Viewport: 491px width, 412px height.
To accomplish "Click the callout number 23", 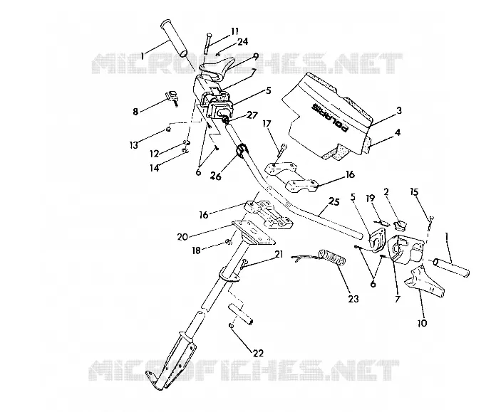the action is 353,299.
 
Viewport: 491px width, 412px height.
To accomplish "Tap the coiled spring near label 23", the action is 332,257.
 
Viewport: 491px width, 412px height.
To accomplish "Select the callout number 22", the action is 258,353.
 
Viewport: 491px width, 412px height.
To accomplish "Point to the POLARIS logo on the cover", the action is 330,117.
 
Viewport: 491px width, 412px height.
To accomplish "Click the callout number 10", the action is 423,323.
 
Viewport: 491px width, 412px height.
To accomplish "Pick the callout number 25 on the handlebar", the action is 334,201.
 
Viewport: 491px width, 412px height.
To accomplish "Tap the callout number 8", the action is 135,112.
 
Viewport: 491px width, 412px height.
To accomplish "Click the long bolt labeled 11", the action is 208,43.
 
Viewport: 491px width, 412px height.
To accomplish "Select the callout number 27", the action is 252,115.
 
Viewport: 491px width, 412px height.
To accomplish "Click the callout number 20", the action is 182,237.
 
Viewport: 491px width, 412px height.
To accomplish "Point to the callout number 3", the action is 398,110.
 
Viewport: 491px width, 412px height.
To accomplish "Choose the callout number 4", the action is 398,132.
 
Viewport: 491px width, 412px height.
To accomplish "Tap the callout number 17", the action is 267,124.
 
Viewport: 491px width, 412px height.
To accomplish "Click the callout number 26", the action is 216,176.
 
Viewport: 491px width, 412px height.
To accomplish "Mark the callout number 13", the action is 134,145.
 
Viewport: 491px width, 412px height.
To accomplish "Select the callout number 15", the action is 414,191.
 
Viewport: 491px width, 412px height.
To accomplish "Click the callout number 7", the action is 398,299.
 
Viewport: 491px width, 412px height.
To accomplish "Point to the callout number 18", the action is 196,250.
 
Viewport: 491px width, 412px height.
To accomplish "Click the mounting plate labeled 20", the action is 254,233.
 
